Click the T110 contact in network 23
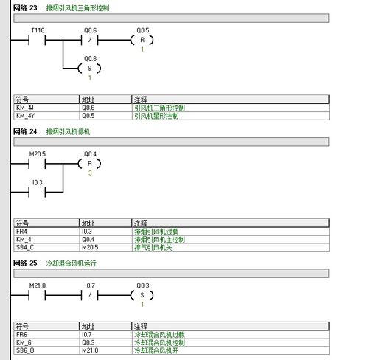pyautogui.click(x=37, y=40)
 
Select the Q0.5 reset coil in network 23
pyautogui.click(x=142, y=40)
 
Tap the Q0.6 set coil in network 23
pyautogui.click(x=89, y=68)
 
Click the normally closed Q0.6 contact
pyautogui.click(x=90, y=40)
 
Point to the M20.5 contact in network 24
pyautogui.click(x=37, y=164)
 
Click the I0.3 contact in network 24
pyautogui.click(x=37, y=192)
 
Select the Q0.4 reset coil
pyautogui.click(x=89, y=164)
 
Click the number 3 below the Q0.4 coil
pyautogui.click(x=90, y=173)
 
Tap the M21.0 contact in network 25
pyautogui.click(x=37, y=295)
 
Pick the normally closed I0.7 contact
pyautogui.click(x=90, y=295)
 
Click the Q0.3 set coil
pyautogui.click(x=142, y=295)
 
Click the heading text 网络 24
pyautogui.click(x=25, y=131)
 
